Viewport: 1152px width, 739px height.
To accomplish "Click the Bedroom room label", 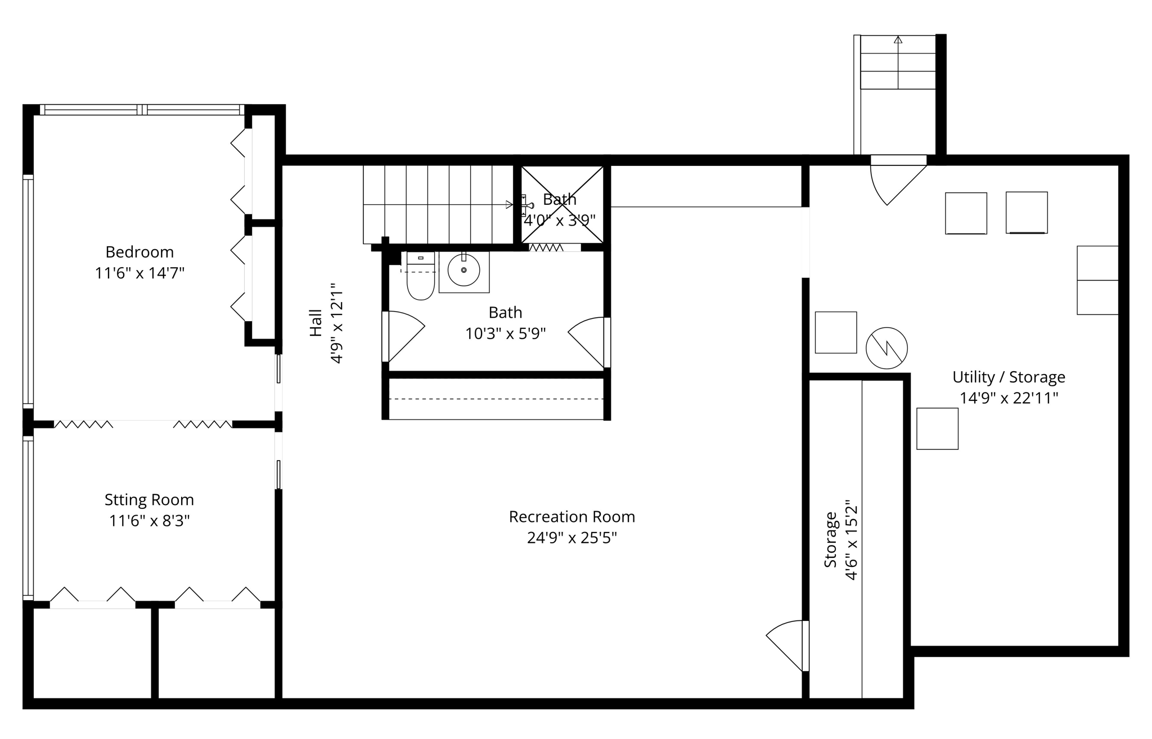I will tap(139, 252).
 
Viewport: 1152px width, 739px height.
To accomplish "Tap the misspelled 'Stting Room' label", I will tap(149, 499).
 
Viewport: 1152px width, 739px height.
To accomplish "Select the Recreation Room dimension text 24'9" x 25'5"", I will tap(571, 538).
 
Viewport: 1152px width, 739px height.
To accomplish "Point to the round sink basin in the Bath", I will tap(463, 271).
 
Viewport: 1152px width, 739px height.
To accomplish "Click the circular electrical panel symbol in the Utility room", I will tap(886, 348).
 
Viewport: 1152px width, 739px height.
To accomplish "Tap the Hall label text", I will tap(316, 323).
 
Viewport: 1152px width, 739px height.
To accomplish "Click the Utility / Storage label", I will tap(1009, 377).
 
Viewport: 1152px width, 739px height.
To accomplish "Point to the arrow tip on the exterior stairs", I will tap(898, 39).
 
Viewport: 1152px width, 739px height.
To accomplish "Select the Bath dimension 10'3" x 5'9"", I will tap(505, 334).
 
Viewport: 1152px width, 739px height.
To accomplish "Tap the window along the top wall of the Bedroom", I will tap(142, 110).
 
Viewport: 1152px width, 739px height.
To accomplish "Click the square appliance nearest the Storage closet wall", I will tap(937, 429).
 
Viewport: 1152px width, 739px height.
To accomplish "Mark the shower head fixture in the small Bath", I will tap(526, 206).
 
